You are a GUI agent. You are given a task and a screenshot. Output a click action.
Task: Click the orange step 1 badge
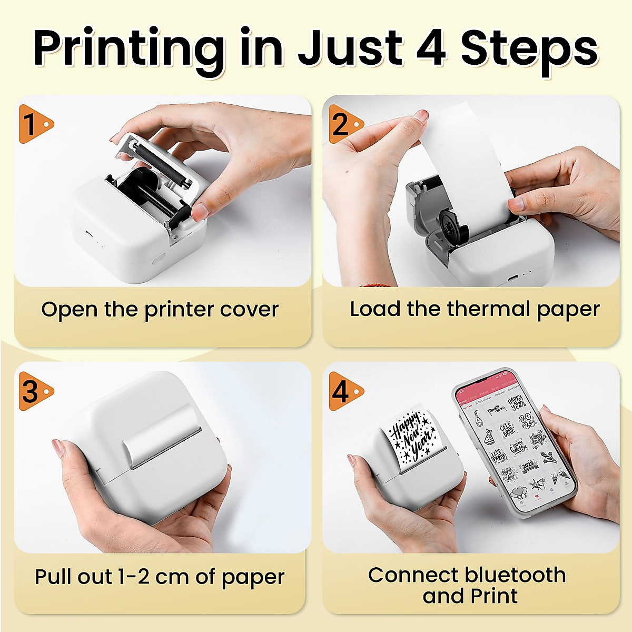33,124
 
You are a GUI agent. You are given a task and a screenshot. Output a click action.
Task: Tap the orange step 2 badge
343,124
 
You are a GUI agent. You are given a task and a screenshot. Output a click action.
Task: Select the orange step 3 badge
33,391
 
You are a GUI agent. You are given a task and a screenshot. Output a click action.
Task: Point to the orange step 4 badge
343,391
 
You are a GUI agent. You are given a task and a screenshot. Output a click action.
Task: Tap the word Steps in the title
529,48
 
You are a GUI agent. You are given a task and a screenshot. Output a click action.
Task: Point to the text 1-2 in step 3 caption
133,577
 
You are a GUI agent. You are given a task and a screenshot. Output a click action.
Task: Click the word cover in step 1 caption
249,310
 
